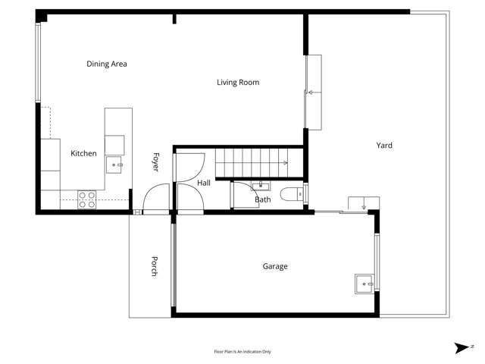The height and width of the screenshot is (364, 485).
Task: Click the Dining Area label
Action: (x=107, y=64)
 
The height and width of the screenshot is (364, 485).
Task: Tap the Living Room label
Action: (x=238, y=83)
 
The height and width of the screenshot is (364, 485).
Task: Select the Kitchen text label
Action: (x=83, y=153)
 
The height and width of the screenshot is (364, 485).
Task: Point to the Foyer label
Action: (x=156, y=162)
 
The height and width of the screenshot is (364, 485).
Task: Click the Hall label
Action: (x=204, y=183)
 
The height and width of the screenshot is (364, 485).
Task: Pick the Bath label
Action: (x=263, y=199)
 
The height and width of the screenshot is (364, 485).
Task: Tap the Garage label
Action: (x=275, y=266)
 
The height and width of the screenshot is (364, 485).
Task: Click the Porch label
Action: (x=155, y=266)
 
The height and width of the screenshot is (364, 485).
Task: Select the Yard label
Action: (x=384, y=146)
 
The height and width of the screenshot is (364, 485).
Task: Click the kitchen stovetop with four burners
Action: (x=87, y=199)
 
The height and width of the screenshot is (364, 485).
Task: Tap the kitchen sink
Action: (x=114, y=165)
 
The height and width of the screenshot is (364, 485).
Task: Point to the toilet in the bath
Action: (x=292, y=194)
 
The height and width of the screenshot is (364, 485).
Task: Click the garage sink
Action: (x=364, y=284)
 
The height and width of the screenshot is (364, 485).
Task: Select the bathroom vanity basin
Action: (x=261, y=186)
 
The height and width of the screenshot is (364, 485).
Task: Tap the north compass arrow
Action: (x=462, y=348)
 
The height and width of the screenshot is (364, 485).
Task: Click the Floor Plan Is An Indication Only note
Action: (x=242, y=352)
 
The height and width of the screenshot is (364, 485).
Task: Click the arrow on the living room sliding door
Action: (x=314, y=93)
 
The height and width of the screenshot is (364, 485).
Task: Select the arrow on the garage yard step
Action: (x=364, y=203)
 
